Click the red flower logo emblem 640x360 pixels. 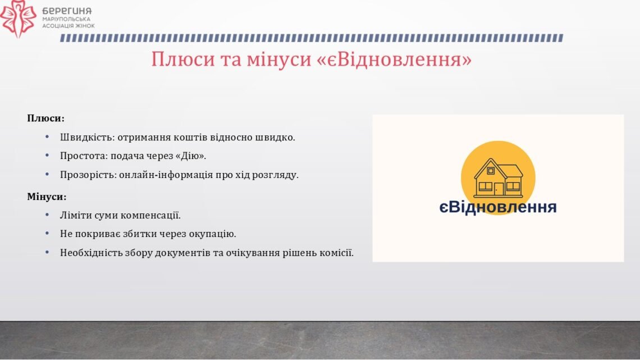coord(18,19)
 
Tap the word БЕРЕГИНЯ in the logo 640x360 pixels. coord(67,11)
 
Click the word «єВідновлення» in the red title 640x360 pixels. coord(394,59)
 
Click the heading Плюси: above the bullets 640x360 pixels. coord(45,119)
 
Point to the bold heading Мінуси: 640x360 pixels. coord(47,197)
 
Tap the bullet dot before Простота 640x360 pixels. coord(47,156)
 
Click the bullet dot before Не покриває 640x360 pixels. coord(47,234)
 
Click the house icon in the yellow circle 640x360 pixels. coord(499,178)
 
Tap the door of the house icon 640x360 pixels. coord(499,189)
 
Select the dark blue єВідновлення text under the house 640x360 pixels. coord(498,207)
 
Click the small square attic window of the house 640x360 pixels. coord(491,171)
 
